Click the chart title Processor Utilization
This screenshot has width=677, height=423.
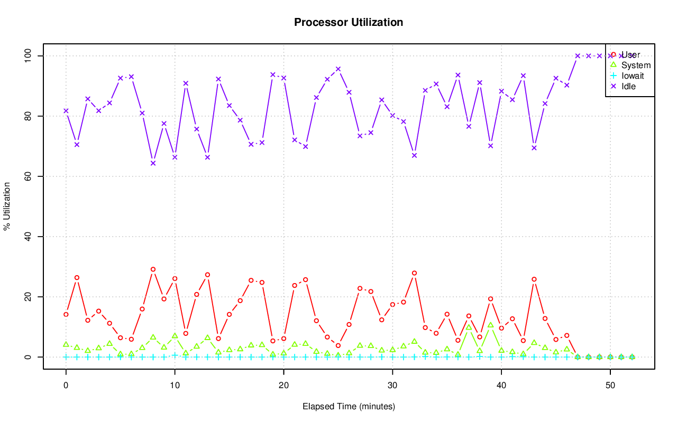(349, 23)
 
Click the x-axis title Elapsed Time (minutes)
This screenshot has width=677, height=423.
(349, 407)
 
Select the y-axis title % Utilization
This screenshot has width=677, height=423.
(7, 206)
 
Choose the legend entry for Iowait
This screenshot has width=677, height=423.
(633, 76)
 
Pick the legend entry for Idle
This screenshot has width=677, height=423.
(628, 86)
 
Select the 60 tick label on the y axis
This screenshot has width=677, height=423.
(29, 176)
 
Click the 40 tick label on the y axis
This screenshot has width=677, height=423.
(29, 236)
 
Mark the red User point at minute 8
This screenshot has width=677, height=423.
(153, 269)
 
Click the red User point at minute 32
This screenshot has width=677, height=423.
(414, 273)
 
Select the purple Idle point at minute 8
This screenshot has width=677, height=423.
(153, 163)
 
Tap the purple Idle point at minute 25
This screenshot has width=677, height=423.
(338, 69)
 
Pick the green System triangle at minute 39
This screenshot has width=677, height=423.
(490, 325)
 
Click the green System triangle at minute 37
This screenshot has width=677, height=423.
(469, 327)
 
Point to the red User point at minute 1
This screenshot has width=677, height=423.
(77, 278)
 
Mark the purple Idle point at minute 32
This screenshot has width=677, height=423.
(414, 155)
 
